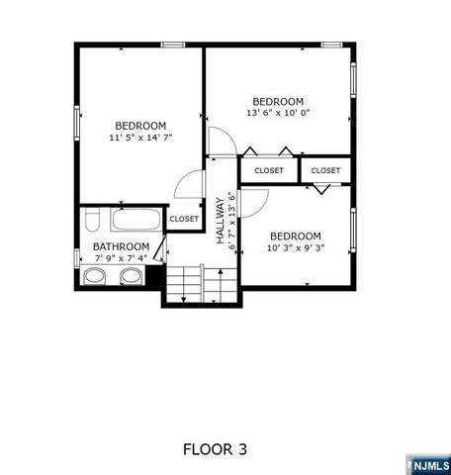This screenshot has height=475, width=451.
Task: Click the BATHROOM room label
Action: point(121,246)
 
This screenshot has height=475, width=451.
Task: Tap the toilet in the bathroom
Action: point(90,218)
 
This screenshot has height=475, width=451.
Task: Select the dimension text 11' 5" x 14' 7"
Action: point(139,139)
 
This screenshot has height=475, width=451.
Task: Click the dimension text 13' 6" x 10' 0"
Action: point(277,113)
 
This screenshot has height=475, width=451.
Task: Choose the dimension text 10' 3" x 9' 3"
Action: point(295,247)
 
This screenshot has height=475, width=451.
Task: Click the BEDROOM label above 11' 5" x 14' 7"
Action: point(139,126)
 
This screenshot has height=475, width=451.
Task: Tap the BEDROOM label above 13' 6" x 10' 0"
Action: point(277,101)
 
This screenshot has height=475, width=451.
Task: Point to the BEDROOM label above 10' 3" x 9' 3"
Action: point(295,236)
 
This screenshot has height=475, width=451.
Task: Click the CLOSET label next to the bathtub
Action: point(183,219)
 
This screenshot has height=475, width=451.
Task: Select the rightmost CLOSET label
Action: point(325,170)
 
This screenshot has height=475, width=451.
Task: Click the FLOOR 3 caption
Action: point(215,449)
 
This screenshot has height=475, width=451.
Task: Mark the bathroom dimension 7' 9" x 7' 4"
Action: point(121,258)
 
